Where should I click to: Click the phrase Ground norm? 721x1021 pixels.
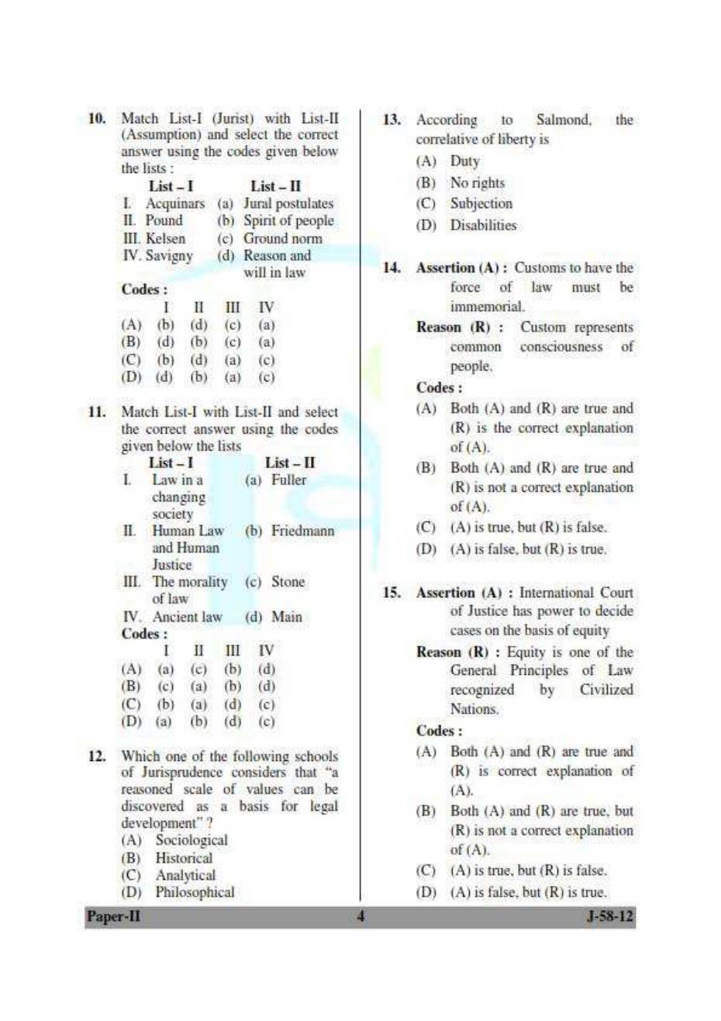point(282,238)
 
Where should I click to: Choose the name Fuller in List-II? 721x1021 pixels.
point(288,480)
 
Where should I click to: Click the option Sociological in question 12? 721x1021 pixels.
point(191,840)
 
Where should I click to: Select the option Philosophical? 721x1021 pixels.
point(195,892)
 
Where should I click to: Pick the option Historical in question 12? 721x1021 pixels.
point(184,858)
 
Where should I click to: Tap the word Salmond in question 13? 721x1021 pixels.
point(563,120)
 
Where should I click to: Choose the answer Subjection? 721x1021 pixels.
point(481,204)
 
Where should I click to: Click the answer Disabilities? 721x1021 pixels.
point(483,226)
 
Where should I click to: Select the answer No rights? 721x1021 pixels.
point(477,183)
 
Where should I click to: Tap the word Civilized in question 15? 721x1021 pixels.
point(606,690)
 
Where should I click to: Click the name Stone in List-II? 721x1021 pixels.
point(288,582)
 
